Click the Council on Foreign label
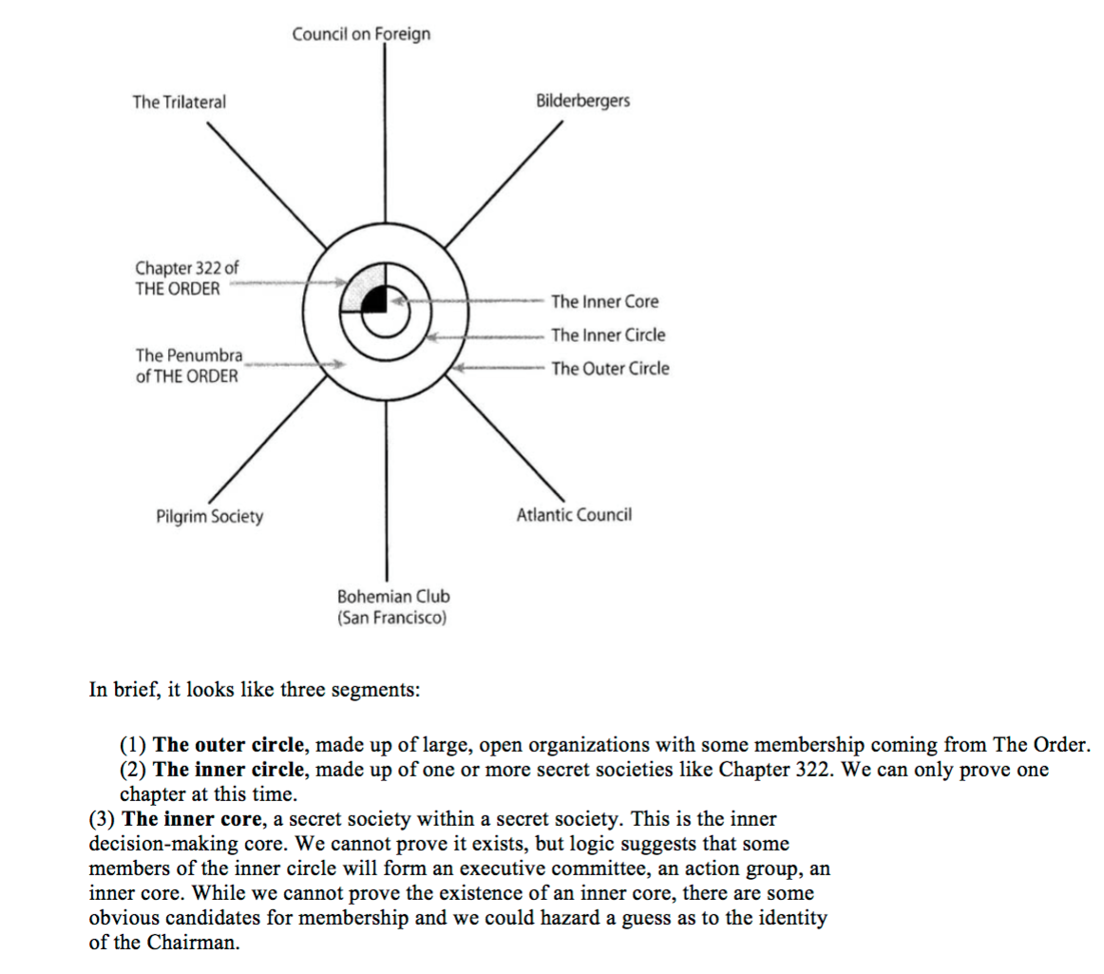tap(361, 34)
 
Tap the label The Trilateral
tap(180, 102)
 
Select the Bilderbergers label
tap(582, 101)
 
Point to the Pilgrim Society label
tap(209, 517)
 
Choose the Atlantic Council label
tap(574, 516)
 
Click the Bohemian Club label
tap(393, 607)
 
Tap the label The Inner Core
tap(604, 302)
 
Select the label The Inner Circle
tap(608, 335)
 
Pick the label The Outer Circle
tap(610, 369)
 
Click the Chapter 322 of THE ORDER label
tap(181, 278)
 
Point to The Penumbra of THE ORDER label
tap(188, 365)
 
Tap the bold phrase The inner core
tap(177, 818)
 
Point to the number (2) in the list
tap(133, 769)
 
